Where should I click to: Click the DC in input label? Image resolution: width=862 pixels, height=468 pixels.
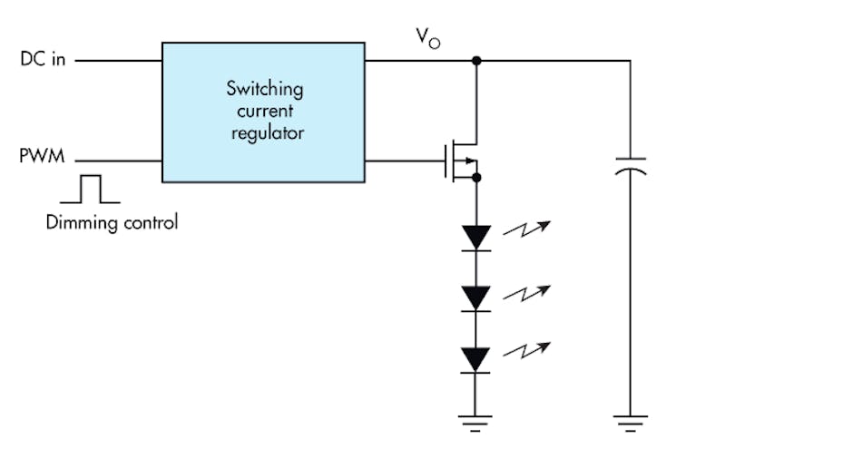(x=43, y=60)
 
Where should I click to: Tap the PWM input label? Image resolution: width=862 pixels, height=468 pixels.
(x=42, y=158)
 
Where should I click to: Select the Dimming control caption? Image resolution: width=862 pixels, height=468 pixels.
(x=112, y=221)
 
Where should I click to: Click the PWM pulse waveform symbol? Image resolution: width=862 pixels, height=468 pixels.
(x=89, y=189)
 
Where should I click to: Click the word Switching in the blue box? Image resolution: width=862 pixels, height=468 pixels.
(x=264, y=90)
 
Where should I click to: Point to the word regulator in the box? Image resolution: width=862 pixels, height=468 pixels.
(x=264, y=132)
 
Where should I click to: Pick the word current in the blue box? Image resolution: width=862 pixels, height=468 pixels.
(x=264, y=112)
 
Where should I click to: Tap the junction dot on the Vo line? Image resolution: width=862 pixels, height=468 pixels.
(x=475, y=61)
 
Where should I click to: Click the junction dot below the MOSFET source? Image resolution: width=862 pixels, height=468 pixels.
(x=475, y=179)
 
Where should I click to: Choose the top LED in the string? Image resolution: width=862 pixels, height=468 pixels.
(x=475, y=238)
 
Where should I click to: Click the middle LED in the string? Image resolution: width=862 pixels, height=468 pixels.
(x=475, y=297)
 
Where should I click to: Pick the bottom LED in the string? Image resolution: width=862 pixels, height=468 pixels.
(x=475, y=359)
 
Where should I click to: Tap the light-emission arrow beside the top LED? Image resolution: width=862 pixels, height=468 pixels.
(x=526, y=230)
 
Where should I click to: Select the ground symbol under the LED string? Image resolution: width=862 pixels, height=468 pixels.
(x=475, y=422)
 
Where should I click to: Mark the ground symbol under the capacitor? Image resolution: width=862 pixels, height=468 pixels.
(x=631, y=422)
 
